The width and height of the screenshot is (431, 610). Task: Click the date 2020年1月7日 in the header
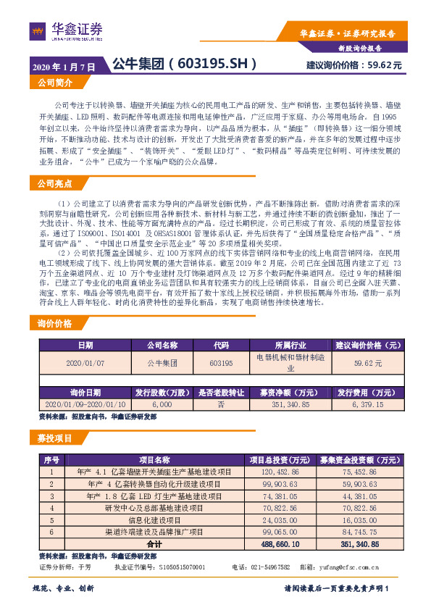64,66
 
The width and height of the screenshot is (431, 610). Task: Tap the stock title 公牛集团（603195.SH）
185,64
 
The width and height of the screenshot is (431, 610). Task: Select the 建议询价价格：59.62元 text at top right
354,65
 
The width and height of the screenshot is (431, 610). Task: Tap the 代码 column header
220,345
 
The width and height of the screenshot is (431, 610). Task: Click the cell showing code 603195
220,362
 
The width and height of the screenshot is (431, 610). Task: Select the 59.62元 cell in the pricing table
367,362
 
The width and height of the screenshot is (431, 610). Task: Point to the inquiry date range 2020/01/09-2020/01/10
85,404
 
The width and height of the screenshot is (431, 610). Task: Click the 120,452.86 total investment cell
275,472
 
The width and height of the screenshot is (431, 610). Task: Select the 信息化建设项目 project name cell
154,519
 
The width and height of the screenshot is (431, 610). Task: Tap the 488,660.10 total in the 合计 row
275,543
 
